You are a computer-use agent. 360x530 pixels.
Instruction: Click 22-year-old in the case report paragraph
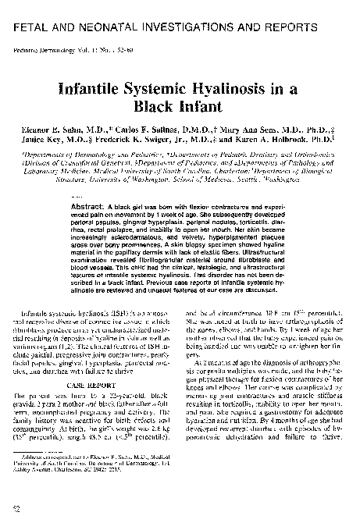pyautogui.click(x=126, y=400)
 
